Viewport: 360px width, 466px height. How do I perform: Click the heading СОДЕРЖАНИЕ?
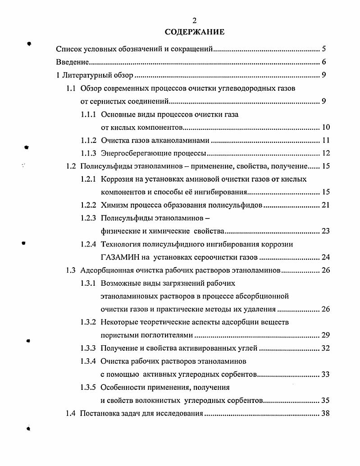[x=194, y=32]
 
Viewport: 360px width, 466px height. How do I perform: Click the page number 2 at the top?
[x=194, y=21]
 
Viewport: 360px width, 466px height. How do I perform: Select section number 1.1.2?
[x=88, y=140]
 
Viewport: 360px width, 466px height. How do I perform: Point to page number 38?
[x=325, y=413]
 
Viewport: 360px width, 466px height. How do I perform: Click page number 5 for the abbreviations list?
[x=324, y=49]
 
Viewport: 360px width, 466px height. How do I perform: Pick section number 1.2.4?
[x=88, y=245]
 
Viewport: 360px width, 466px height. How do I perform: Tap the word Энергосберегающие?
[x=132, y=153]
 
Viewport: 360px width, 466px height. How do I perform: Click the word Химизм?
[x=115, y=206]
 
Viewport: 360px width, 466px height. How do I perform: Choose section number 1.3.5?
[x=88, y=387]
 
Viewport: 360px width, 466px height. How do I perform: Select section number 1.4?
[x=70, y=413]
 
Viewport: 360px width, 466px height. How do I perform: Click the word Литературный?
[x=83, y=75]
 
